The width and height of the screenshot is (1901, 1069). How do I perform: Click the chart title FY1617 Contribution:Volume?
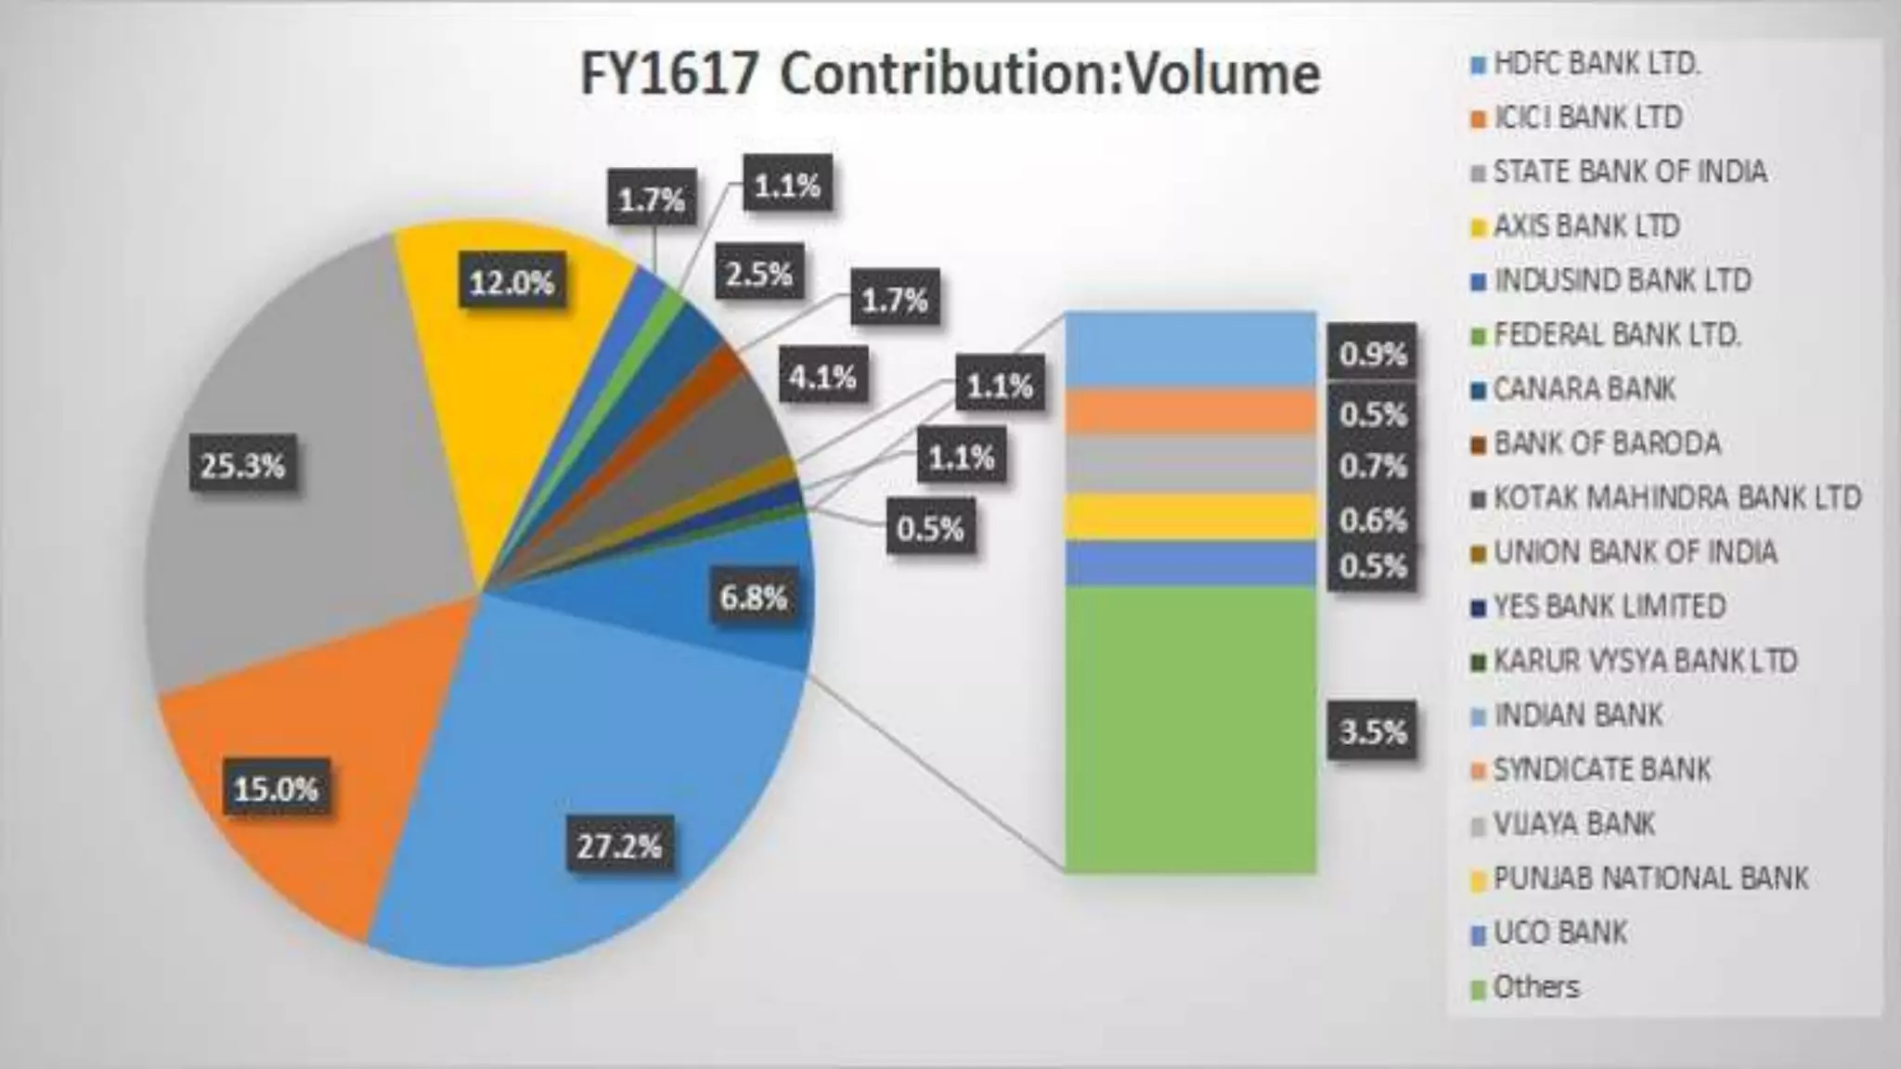950,74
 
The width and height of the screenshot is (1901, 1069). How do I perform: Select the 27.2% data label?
619,846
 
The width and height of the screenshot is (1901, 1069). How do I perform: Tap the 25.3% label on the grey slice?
242,466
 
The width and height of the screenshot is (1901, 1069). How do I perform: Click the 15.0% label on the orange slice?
276,790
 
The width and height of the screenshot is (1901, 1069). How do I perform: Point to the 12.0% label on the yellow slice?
511,282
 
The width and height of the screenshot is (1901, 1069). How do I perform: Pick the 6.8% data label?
753,598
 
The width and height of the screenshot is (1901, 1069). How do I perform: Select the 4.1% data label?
822,377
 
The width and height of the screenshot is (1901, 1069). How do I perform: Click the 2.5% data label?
758,275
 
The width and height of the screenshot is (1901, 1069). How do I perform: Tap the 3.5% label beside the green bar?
1372,732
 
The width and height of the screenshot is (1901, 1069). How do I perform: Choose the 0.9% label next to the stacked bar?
1372,354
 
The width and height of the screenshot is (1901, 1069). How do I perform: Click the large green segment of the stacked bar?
1190,728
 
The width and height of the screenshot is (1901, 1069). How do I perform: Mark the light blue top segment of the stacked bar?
1190,348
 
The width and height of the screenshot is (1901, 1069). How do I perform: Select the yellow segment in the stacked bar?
1190,517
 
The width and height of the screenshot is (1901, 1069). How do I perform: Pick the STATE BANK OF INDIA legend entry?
1629,172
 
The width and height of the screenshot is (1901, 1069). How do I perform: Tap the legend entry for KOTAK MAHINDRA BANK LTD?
1676,498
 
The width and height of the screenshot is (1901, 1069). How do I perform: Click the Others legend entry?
1535,986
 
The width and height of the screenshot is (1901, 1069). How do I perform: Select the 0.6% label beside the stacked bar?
1372,521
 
